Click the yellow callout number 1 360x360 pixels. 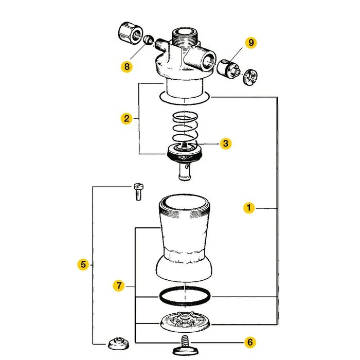pyautogui.click(x=249, y=208)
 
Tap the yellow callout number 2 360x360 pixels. pyautogui.click(x=127, y=118)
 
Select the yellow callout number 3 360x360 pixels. pyautogui.click(x=225, y=143)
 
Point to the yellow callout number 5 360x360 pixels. pyautogui.click(x=83, y=264)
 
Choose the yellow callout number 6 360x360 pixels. pyautogui.click(x=250, y=342)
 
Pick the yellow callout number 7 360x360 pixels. pyautogui.click(x=119, y=285)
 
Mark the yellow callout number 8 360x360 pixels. pyautogui.click(x=127, y=66)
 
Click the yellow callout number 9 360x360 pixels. pyautogui.click(x=251, y=43)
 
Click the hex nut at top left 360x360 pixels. pyautogui.click(x=130, y=34)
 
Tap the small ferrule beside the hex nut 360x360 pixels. pyautogui.click(x=149, y=40)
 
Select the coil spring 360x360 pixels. pyautogui.click(x=185, y=128)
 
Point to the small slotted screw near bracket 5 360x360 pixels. pyautogui.click(x=138, y=192)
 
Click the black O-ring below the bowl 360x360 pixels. pyautogui.click(x=185, y=297)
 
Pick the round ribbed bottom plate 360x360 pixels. pyautogui.click(x=185, y=322)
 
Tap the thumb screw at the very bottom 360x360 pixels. pyautogui.click(x=185, y=346)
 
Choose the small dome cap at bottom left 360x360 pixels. pyautogui.click(x=119, y=343)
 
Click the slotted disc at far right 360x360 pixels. pyautogui.click(x=250, y=77)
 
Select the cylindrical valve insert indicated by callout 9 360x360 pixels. pyautogui.click(x=228, y=69)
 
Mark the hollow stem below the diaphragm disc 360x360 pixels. pyautogui.click(x=185, y=172)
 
